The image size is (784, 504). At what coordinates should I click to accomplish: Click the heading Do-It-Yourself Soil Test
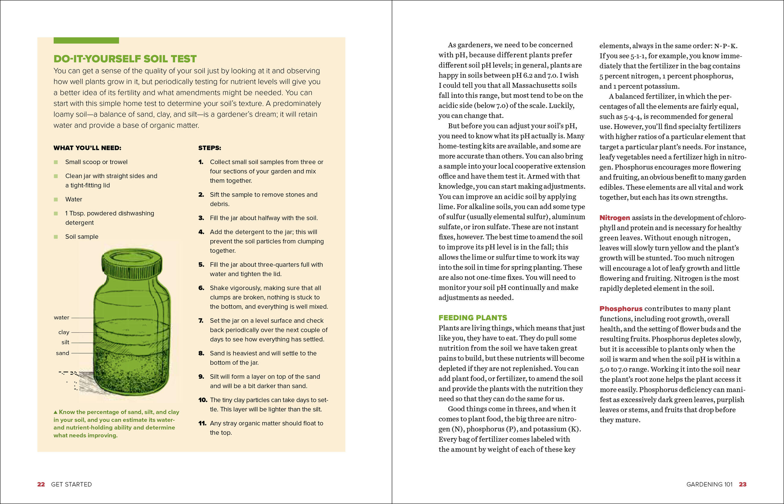tap(125, 59)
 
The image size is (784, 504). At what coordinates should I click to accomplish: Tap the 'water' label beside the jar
tap(62, 318)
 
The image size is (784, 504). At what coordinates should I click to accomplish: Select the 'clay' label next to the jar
tap(64, 332)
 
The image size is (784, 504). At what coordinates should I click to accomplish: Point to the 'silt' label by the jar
tap(65, 342)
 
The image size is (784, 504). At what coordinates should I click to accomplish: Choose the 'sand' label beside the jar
tap(62, 353)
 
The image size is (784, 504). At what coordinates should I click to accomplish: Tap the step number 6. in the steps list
tap(201, 288)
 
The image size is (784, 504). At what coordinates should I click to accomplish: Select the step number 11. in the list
tap(203, 423)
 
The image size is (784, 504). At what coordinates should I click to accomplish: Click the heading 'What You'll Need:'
tap(87, 148)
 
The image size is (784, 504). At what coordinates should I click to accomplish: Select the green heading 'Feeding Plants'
tap(473, 318)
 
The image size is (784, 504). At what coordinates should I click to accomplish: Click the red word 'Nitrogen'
tap(615, 218)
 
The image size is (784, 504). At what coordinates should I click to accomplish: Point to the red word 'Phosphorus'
tap(621, 309)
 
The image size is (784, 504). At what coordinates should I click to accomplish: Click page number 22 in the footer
tap(41, 484)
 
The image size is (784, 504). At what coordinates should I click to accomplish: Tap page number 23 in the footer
tap(743, 484)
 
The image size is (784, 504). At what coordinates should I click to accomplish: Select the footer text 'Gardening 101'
tap(709, 484)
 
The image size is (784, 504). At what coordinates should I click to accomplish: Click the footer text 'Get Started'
tap(71, 484)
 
